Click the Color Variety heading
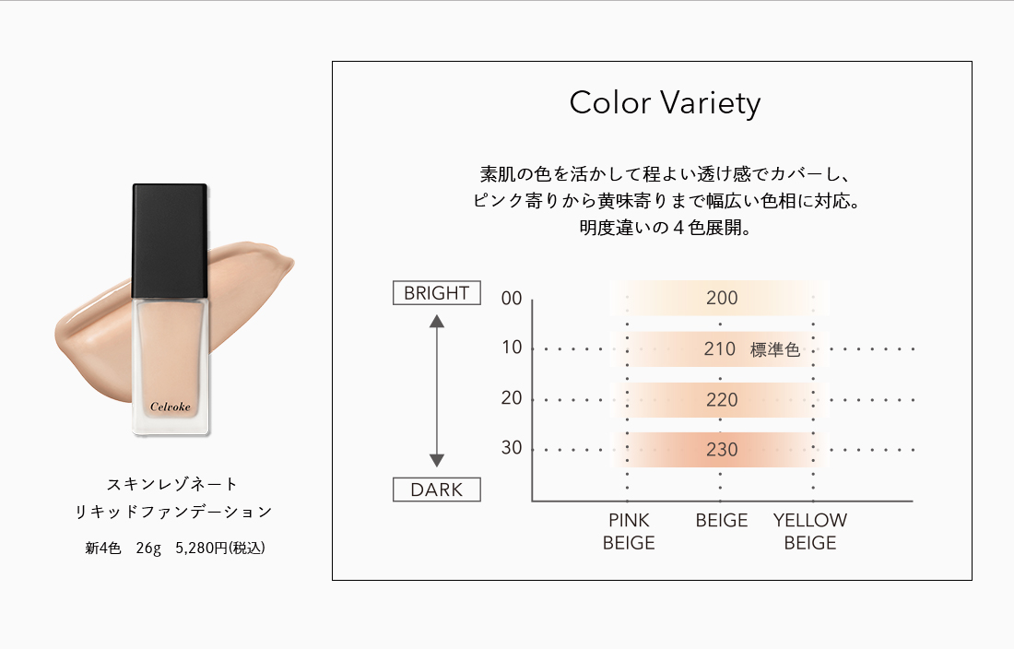click(x=665, y=102)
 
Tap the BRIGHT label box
click(x=437, y=293)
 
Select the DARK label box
click(x=437, y=490)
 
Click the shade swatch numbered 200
click(x=720, y=298)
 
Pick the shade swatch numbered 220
click(x=720, y=399)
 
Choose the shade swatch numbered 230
click(x=720, y=449)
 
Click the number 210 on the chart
click(x=720, y=349)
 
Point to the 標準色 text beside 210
click(x=774, y=349)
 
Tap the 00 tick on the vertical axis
click(x=512, y=298)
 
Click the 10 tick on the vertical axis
click(x=512, y=348)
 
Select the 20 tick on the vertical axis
click(x=512, y=397)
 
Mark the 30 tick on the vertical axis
click(x=512, y=447)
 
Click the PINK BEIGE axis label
click(x=629, y=531)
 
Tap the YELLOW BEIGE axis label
click(x=810, y=531)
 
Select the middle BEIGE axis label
click(x=722, y=520)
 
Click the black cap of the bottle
click(x=171, y=242)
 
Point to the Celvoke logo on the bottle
click(x=171, y=407)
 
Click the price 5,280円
click(x=201, y=549)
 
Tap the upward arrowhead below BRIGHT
click(x=437, y=321)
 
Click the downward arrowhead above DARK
click(x=437, y=460)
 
